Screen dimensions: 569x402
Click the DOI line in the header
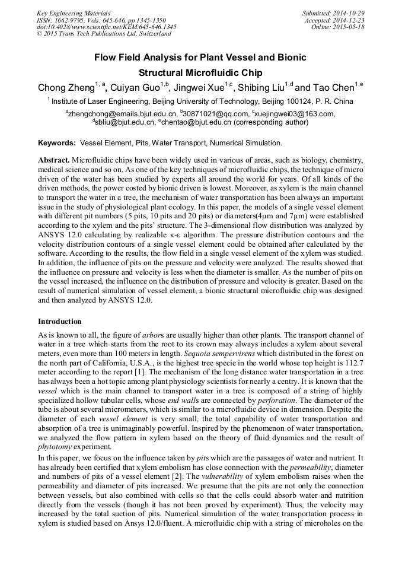(106, 27)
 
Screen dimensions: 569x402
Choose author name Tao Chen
(333, 88)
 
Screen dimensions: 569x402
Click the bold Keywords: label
(57, 143)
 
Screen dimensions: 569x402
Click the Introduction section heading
(60, 322)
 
